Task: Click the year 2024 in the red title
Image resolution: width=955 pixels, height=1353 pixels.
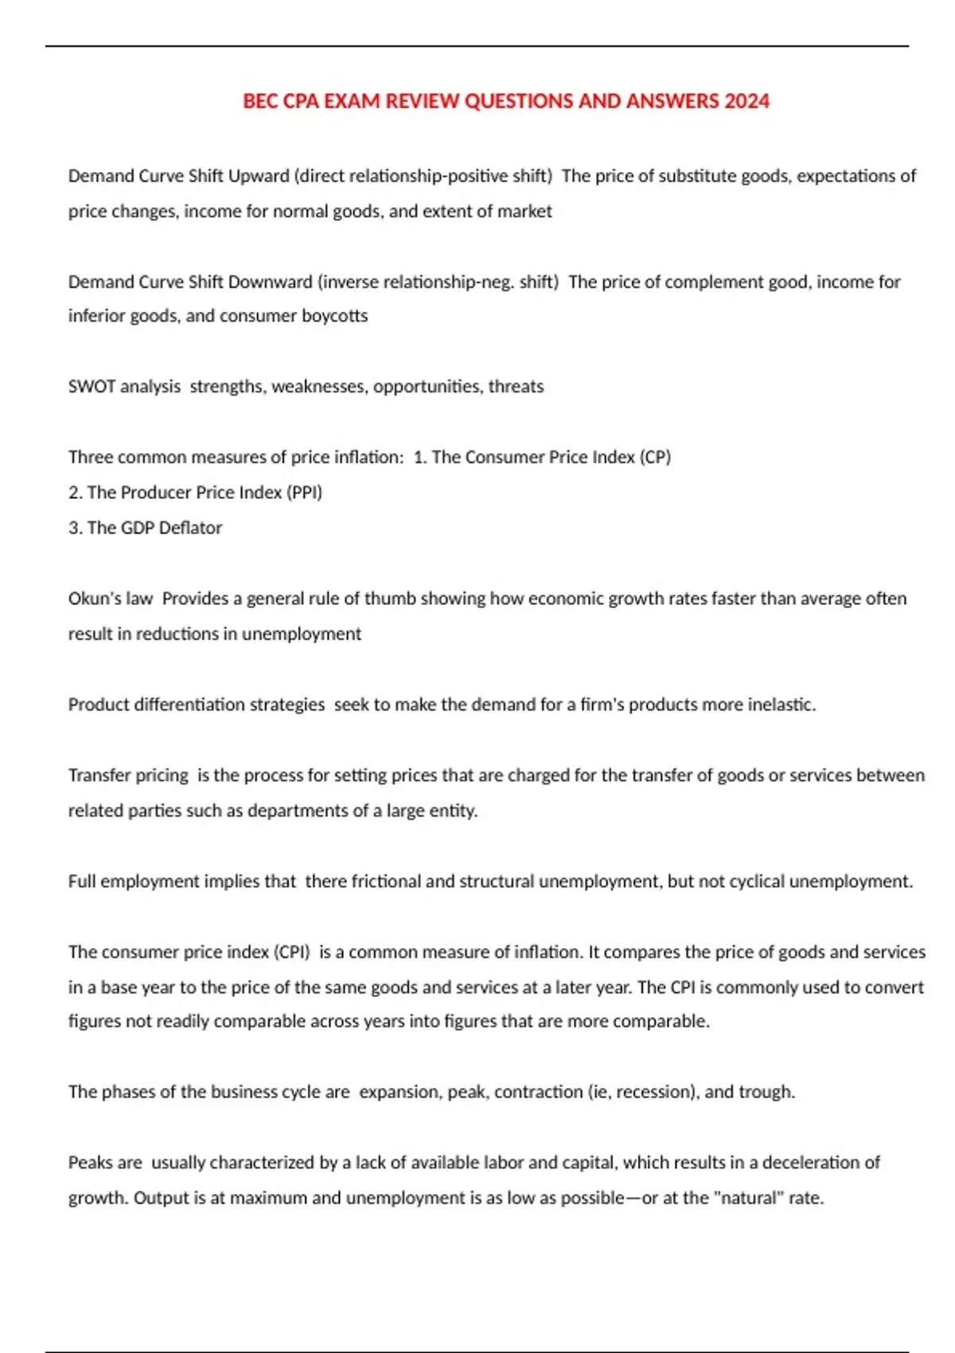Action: pyautogui.click(x=746, y=101)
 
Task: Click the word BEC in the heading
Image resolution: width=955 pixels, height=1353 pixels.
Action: pyautogui.click(x=259, y=101)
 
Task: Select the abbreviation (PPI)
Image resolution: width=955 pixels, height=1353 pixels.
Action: pyautogui.click(x=304, y=493)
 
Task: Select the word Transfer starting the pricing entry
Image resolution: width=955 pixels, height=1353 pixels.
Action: pyautogui.click(x=96, y=775)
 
